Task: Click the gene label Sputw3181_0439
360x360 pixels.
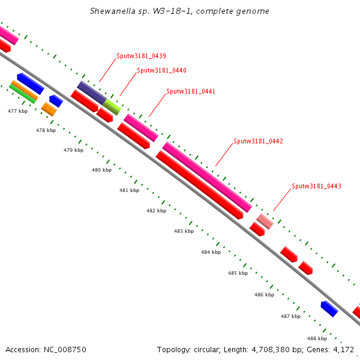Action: click(x=141, y=56)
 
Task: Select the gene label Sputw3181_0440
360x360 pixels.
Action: click(x=161, y=70)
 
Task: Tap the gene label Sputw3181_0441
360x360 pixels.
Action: click(x=191, y=91)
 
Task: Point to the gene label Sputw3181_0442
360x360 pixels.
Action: click(x=258, y=141)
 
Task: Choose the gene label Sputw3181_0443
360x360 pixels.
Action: click(x=316, y=186)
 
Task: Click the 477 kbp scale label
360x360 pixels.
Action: click(x=17, y=111)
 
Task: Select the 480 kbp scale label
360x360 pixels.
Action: click(x=101, y=170)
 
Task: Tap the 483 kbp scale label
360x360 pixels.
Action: click(x=184, y=231)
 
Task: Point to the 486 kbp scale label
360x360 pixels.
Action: click(x=264, y=295)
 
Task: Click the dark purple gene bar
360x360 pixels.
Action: click(x=91, y=92)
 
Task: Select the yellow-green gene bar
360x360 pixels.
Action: click(x=112, y=107)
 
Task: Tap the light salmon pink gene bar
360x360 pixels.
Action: click(x=265, y=221)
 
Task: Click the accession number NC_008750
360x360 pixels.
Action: click(x=64, y=349)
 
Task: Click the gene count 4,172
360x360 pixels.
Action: click(x=343, y=349)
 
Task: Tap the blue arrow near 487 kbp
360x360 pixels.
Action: click(x=329, y=308)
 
